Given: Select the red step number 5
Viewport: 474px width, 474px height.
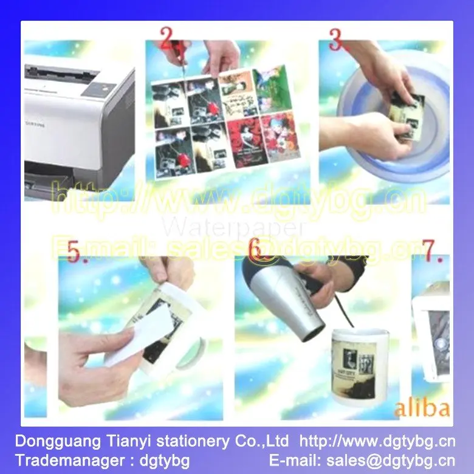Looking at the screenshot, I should [74, 253].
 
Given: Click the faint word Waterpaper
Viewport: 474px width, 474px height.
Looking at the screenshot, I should [233, 228].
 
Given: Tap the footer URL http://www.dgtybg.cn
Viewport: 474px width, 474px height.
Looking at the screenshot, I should [377, 440].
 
